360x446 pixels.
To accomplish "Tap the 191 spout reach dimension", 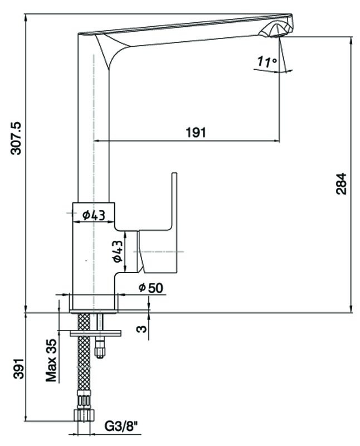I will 195,132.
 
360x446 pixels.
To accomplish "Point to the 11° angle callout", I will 267,62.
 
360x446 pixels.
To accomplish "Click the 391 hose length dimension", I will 16,368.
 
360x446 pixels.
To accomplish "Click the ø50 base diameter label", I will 149,288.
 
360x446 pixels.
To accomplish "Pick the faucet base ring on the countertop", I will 94,303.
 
